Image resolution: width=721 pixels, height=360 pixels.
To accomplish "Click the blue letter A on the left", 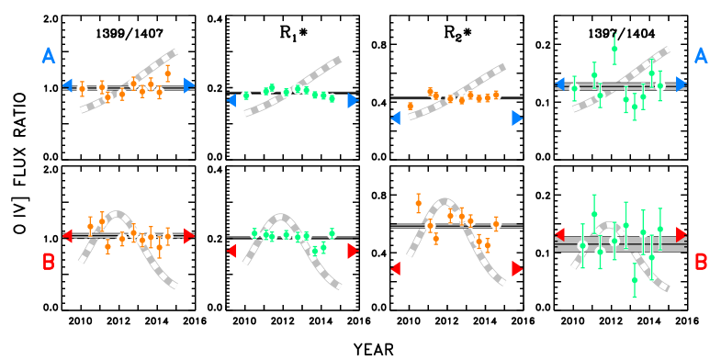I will click(49, 56).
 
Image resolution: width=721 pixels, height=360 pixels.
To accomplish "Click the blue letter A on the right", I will click(701, 56).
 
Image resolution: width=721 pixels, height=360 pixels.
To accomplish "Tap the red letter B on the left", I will click(49, 263).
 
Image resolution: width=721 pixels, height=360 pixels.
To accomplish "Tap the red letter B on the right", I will click(701, 263).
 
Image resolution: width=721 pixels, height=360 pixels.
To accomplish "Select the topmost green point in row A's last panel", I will click(614, 49).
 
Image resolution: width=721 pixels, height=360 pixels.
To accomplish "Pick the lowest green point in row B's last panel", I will click(634, 280).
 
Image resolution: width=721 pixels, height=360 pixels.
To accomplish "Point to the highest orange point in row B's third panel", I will click(418, 203).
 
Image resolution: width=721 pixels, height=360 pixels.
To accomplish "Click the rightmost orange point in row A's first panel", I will click(167, 73).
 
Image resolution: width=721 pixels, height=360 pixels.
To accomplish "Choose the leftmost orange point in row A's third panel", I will click(410, 106).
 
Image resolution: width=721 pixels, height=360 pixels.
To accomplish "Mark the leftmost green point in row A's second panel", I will click(246, 96).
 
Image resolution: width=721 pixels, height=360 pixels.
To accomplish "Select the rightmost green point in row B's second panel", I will click(332, 233).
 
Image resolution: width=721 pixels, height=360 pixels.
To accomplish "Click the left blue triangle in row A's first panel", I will click(67, 85).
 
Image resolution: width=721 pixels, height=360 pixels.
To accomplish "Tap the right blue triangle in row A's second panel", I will click(353, 100).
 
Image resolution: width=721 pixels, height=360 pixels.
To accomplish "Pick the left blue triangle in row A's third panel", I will click(396, 118).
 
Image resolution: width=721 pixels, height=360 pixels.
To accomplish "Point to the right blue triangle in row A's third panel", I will click(517, 118).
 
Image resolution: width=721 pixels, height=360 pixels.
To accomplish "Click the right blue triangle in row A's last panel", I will click(682, 84).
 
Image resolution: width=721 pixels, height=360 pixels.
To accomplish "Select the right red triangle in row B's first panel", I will click(189, 236).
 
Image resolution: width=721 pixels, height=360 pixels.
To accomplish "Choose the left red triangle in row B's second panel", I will click(231, 251).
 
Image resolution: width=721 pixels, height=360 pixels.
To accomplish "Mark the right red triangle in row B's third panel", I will click(517, 268).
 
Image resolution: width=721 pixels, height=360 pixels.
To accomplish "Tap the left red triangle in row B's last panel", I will click(559, 234).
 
